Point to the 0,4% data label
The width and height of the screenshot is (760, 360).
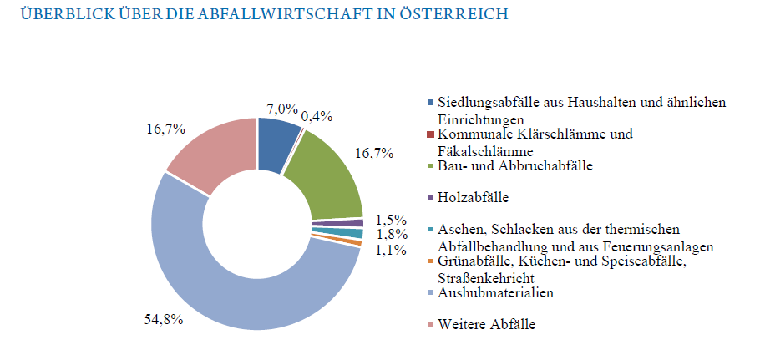317,117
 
